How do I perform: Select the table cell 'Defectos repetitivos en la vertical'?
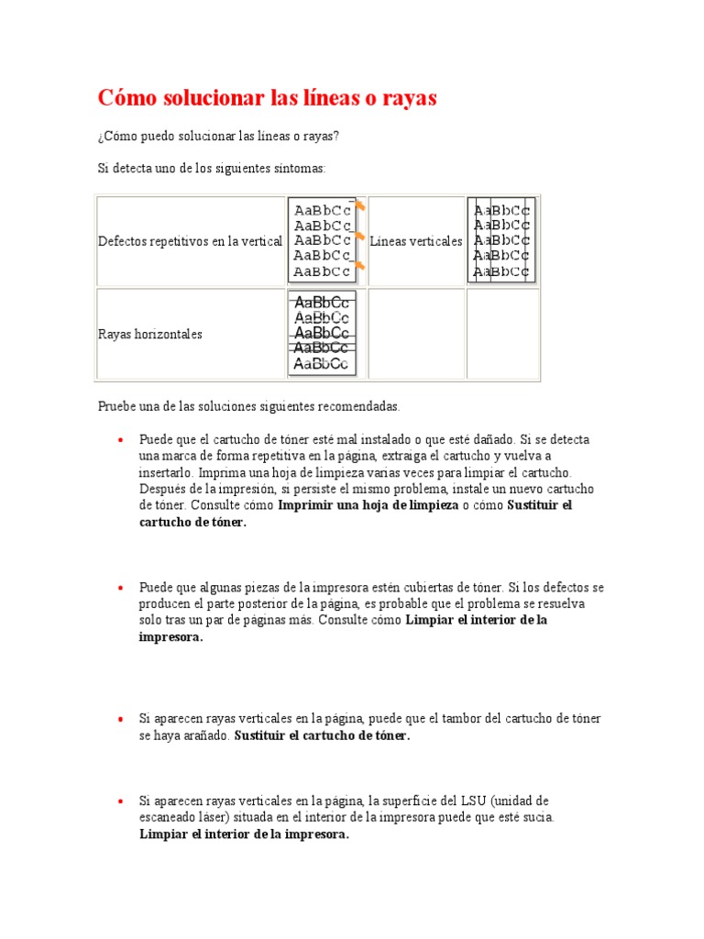(190, 241)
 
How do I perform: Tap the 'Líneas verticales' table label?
(416, 241)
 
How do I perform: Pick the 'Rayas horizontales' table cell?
(150, 335)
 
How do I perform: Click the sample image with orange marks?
(324, 240)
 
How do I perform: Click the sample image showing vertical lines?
(500, 240)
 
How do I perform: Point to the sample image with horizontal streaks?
(322, 334)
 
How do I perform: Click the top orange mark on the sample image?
(360, 206)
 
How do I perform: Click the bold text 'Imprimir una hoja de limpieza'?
(368, 505)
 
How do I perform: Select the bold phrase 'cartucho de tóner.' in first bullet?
(193, 522)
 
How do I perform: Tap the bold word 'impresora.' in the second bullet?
(170, 636)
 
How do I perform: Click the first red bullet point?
(120, 440)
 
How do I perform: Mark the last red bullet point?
(120, 801)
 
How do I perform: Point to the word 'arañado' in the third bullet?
(207, 735)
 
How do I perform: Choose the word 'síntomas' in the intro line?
(299, 169)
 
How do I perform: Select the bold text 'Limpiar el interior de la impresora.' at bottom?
(244, 834)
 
